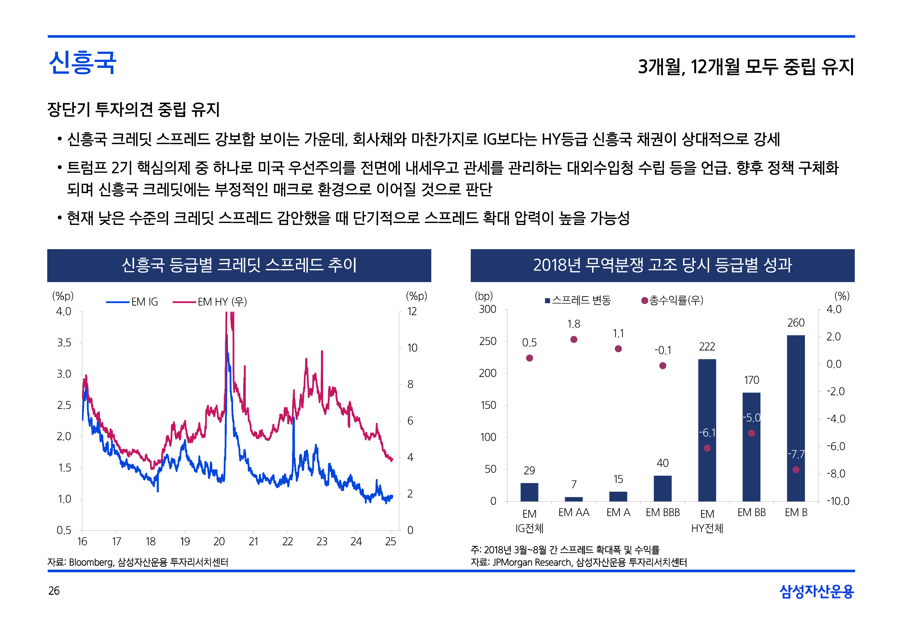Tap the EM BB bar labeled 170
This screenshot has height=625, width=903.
click(751, 446)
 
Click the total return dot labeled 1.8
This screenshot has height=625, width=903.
click(574, 339)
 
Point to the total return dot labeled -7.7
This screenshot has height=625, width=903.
click(796, 469)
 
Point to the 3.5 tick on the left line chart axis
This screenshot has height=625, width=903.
click(64, 343)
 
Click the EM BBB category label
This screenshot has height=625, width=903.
click(663, 512)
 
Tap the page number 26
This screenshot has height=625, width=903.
click(54, 591)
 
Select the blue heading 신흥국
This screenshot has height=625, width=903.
click(83, 63)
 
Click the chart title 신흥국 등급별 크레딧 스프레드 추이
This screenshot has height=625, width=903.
click(239, 265)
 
